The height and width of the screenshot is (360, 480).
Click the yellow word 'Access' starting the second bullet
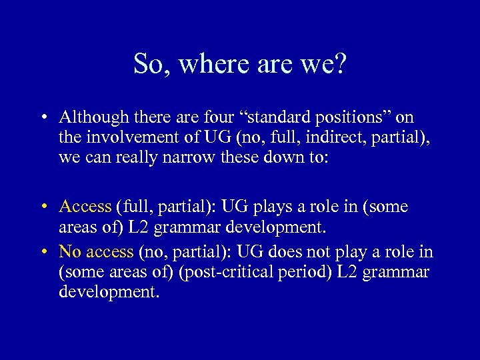pyautogui.click(x=85, y=207)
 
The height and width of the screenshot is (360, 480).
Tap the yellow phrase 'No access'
pyautogui.click(x=96, y=252)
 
